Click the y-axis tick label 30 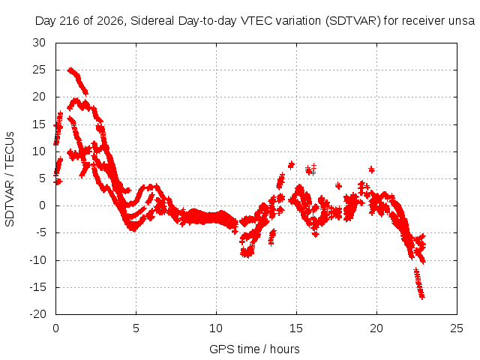coord(39,43)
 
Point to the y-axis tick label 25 coord(39,70)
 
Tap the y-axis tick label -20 coord(37,314)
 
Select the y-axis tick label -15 coord(37,287)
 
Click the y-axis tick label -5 coord(40,232)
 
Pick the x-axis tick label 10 coord(216,328)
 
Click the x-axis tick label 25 coord(457,328)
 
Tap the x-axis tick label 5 coord(136,328)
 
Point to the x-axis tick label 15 coord(296,328)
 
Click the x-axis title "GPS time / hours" coord(254,349)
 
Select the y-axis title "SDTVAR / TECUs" coord(10,179)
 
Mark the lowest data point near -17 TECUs coord(422,297)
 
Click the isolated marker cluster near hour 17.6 coord(338,185)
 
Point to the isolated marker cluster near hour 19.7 coord(371,169)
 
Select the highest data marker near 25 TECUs coord(70,70)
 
